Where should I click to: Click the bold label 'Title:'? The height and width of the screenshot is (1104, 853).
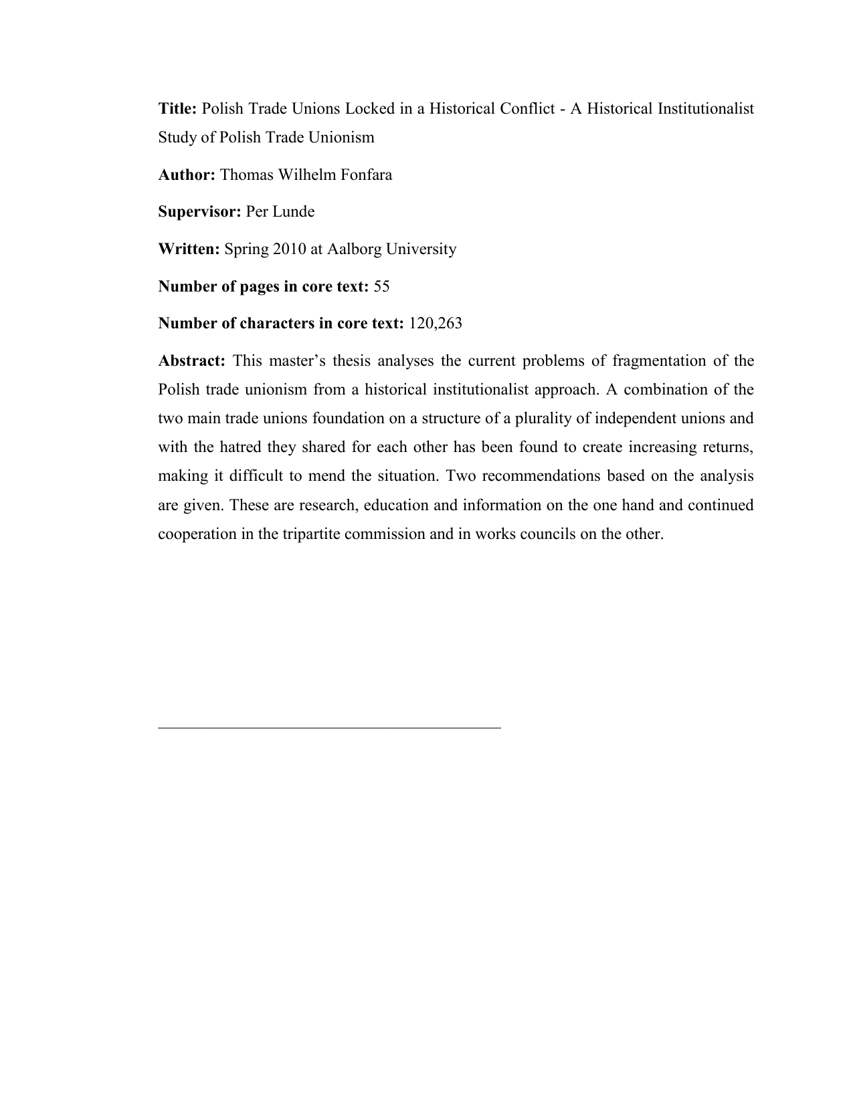177,108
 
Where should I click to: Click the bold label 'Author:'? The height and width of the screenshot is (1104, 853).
187,175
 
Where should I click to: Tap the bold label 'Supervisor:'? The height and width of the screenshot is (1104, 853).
199,212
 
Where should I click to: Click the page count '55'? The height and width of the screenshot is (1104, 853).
381,287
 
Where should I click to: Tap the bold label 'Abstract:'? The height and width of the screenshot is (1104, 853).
191,361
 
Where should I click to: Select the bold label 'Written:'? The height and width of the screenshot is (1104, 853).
189,249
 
